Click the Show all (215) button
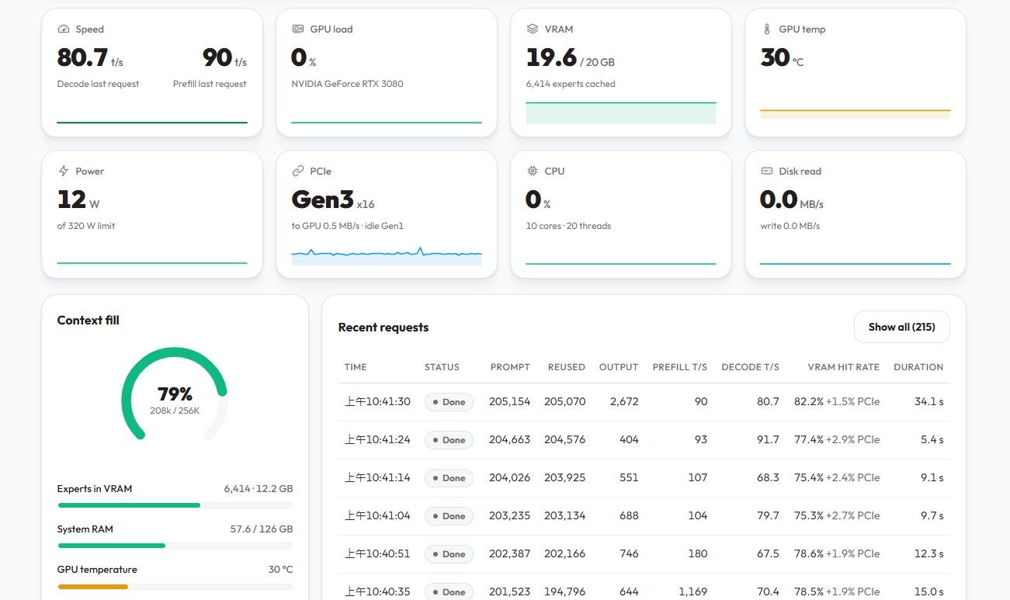pyautogui.click(x=902, y=327)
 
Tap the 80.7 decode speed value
pyautogui.click(x=82, y=57)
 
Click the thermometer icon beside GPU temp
pyautogui.click(x=766, y=29)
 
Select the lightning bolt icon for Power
pyautogui.click(x=64, y=171)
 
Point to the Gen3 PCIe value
pyautogui.click(x=322, y=199)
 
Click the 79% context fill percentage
pyautogui.click(x=175, y=394)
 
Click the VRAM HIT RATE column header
pyautogui.click(x=843, y=367)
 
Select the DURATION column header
pyautogui.click(x=918, y=367)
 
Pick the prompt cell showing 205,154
pyautogui.click(x=509, y=401)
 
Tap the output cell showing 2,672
pyautogui.click(x=624, y=401)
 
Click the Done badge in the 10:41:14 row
pyautogui.click(x=449, y=478)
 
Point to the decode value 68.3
pyautogui.click(x=768, y=477)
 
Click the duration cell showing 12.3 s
pyautogui.click(x=928, y=553)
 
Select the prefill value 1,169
pyautogui.click(x=693, y=591)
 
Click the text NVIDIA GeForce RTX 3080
pyautogui.click(x=347, y=84)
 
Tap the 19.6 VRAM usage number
pyautogui.click(x=551, y=57)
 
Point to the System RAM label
pyautogui.click(x=85, y=529)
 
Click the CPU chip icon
pyautogui.click(x=533, y=171)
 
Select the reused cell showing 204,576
pyautogui.click(x=564, y=439)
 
